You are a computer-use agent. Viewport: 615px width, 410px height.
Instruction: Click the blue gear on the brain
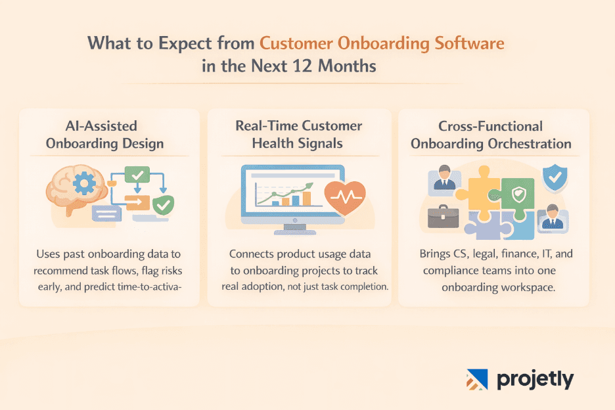coord(85,184)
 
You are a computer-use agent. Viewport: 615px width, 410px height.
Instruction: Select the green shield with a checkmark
coord(163,206)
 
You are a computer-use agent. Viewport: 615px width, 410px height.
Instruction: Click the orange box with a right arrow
coord(138,202)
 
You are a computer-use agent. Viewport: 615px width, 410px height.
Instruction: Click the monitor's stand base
coord(290,231)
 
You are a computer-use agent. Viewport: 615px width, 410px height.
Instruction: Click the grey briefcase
coord(443,216)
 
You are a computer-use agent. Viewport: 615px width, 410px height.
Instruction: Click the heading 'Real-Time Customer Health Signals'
coord(299,134)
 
